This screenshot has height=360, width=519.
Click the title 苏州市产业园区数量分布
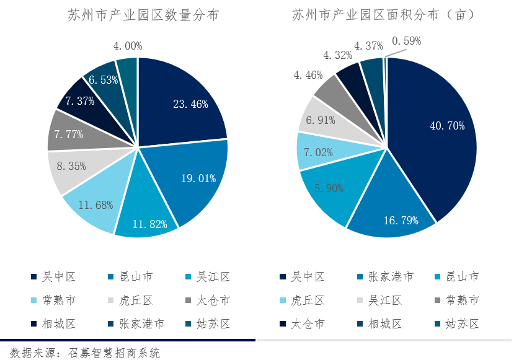click(143, 16)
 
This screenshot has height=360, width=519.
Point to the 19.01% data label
click(198, 178)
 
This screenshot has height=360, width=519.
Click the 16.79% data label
click(400, 220)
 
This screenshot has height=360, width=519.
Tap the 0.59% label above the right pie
click(406, 41)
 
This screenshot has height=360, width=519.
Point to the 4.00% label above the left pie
click(128, 46)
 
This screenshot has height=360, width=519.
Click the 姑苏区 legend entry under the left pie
click(214, 324)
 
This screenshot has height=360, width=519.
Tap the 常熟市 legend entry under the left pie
click(59, 301)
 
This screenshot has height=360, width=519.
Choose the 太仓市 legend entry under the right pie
click(308, 324)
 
